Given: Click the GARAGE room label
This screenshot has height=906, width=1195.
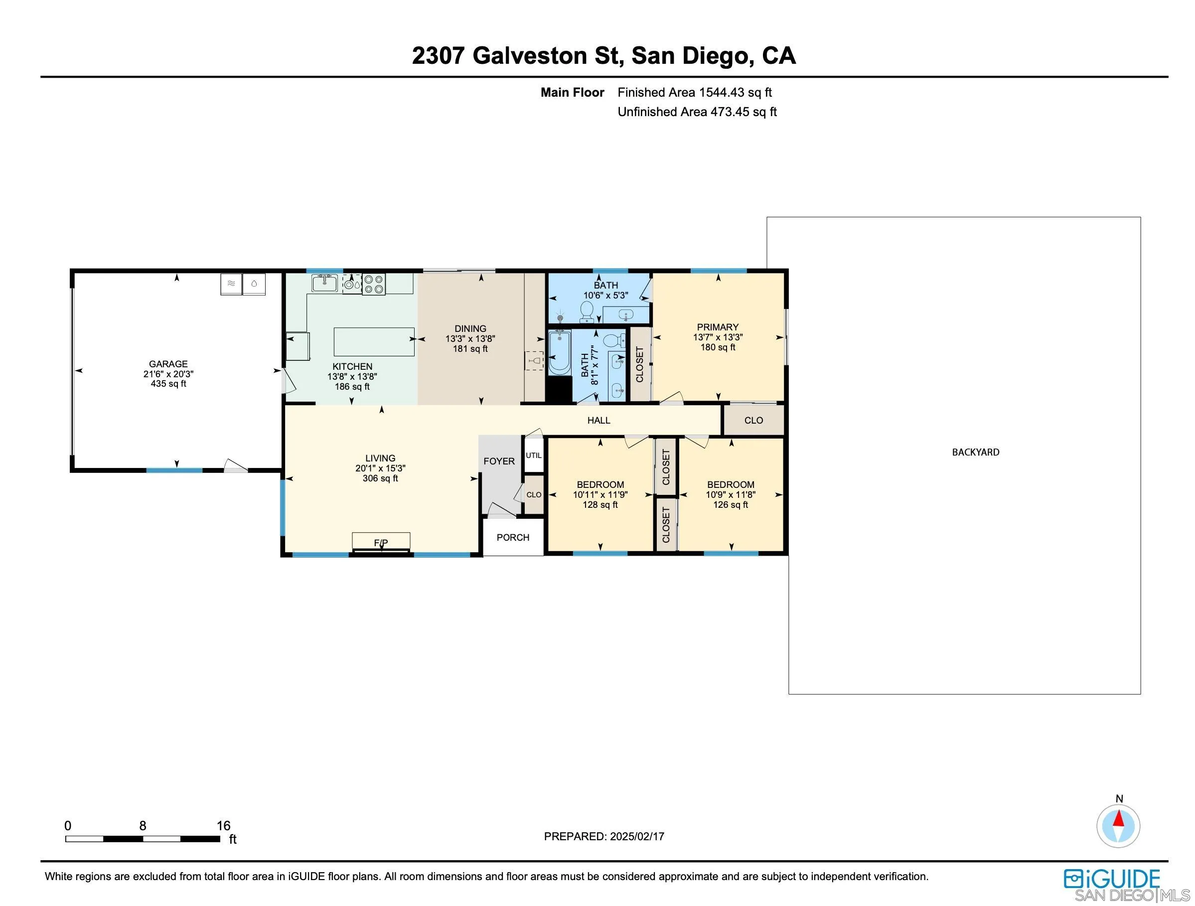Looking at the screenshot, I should point(168,364).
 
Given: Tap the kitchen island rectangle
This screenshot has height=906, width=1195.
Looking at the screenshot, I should point(374,341).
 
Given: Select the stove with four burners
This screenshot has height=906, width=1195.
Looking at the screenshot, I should point(373,284).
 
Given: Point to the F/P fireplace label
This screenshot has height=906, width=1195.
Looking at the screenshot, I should point(381,542).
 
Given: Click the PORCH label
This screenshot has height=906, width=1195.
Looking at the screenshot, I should point(513,537).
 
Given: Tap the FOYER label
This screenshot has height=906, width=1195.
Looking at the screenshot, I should point(499,461).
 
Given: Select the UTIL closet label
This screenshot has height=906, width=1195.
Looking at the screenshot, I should point(533,455).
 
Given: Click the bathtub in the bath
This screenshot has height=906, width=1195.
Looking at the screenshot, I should point(559,353).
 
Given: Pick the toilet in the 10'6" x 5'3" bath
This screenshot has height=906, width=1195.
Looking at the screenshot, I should point(587,310).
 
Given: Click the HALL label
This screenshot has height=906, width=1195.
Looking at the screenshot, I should point(598,420).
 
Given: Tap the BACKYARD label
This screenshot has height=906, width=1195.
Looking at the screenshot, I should point(975,452).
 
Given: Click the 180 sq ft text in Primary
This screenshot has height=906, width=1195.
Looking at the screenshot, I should point(718,347).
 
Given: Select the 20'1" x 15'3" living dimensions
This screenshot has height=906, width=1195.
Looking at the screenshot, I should point(380,468).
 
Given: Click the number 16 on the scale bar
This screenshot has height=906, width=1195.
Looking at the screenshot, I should point(223,825).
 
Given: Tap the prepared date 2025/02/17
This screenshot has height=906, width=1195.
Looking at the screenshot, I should point(637,836).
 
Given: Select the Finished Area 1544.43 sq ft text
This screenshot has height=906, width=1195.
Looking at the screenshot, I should point(694,92).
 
